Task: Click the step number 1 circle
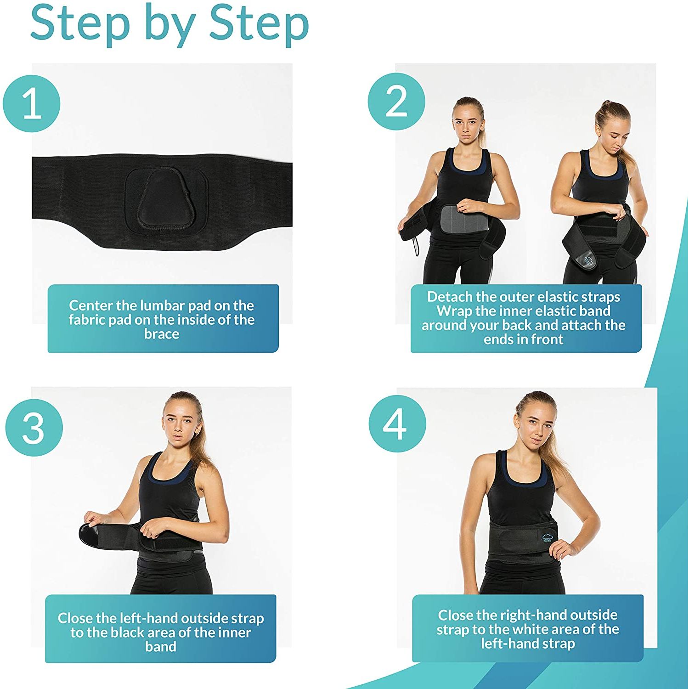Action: [32, 104]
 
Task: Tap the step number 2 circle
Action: [396, 102]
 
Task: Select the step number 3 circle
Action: [34, 427]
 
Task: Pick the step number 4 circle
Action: [397, 424]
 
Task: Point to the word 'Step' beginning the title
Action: [80, 23]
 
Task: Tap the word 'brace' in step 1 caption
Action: [162, 334]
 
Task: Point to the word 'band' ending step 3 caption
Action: [161, 647]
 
